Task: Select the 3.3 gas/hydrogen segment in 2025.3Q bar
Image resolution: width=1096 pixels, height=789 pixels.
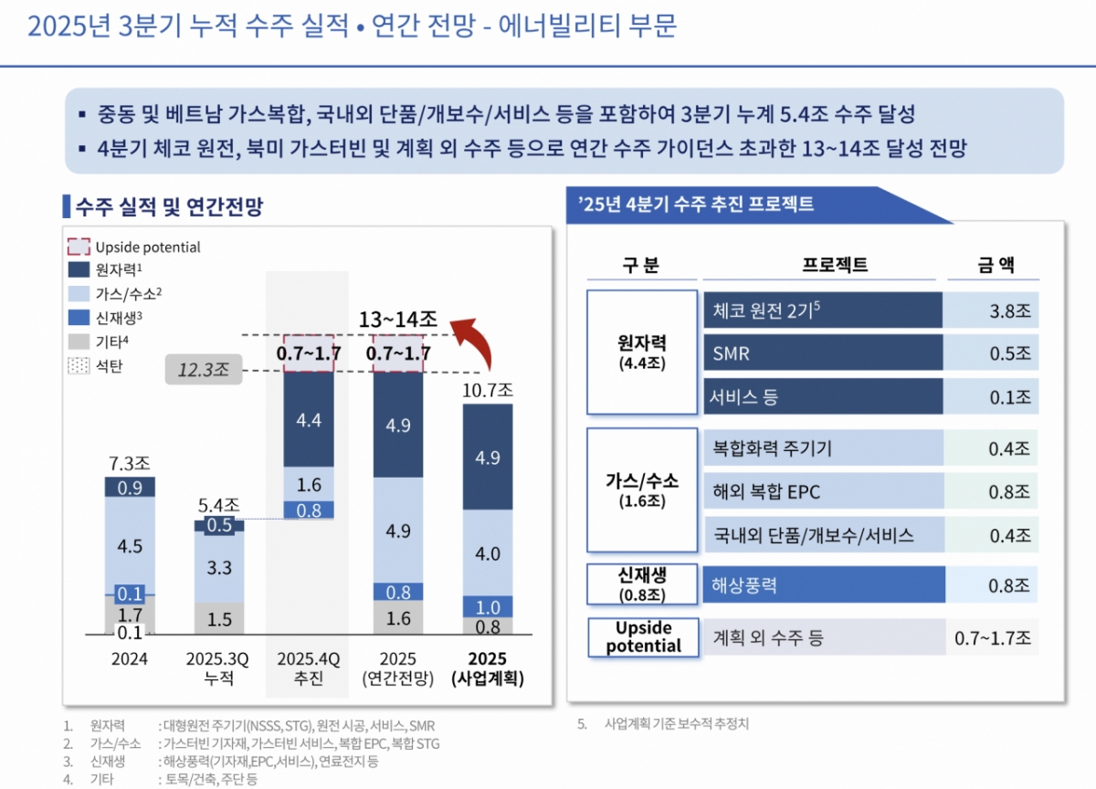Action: pos(219,567)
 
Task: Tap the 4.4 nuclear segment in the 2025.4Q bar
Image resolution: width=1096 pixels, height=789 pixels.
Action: pos(310,420)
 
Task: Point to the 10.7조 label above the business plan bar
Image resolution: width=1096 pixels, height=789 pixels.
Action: pos(487,389)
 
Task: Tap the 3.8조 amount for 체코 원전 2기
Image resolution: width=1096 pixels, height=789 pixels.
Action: pos(1008,310)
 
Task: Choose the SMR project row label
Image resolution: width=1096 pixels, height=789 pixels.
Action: pos(822,353)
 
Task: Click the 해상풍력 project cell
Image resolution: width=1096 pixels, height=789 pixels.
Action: pos(822,584)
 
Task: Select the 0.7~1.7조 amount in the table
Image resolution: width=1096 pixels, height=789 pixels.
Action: pos(993,637)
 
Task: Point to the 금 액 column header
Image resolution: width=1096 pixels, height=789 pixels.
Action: pos(993,266)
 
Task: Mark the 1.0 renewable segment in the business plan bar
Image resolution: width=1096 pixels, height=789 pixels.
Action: pos(487,607)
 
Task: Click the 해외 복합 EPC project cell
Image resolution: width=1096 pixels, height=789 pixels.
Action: pos(822,491)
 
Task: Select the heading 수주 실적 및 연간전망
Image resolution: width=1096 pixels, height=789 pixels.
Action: pos(168,206)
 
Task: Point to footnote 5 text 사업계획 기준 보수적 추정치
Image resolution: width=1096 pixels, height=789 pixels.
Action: pos(676,724)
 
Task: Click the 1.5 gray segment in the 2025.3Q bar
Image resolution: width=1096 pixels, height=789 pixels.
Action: pos(219,619)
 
